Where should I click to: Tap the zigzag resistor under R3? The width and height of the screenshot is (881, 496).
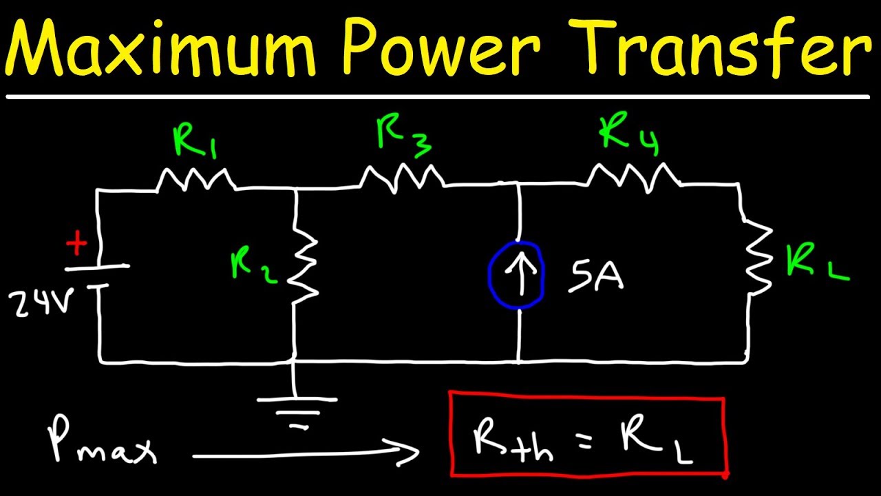point(401,178)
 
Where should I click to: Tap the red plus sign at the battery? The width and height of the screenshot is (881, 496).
point(77,245)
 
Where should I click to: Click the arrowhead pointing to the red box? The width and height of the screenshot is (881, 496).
point(406,453)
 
